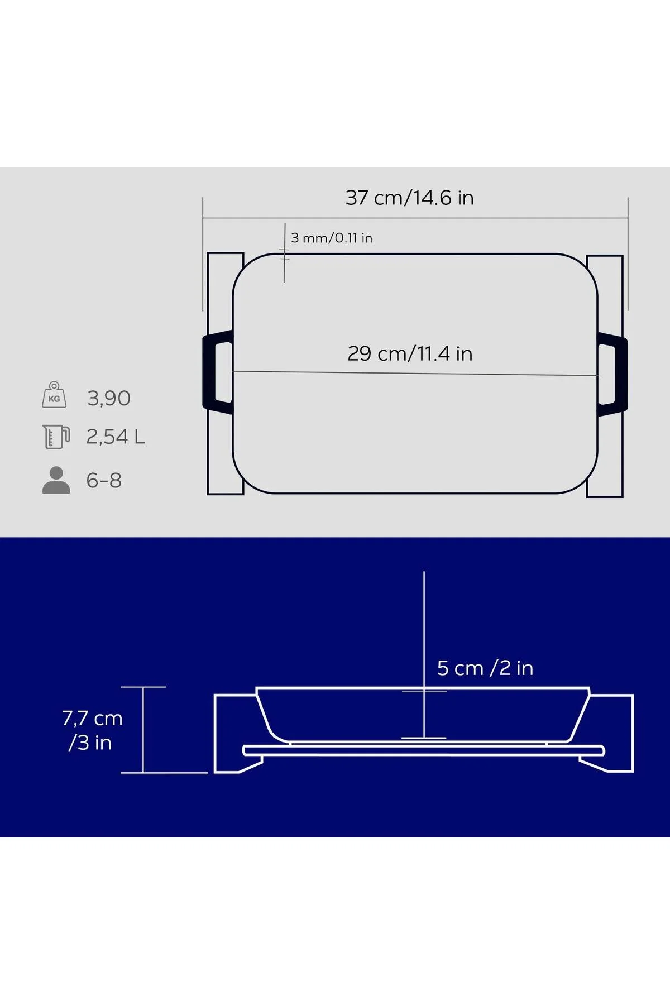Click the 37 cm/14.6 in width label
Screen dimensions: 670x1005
[409, 198]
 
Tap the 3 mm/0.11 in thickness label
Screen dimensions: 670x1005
[332, 238]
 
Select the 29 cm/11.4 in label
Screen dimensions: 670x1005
[410, 353]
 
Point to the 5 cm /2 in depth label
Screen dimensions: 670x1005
[485, 668]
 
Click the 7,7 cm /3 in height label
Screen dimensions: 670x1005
[92, 730]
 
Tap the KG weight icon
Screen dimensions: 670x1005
[54, 395]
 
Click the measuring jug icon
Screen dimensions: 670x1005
[56, 437]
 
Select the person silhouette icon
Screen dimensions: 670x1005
[56, 480]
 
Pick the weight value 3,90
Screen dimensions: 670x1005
[109, 398]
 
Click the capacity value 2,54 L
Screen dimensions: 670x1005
[116, 437]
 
